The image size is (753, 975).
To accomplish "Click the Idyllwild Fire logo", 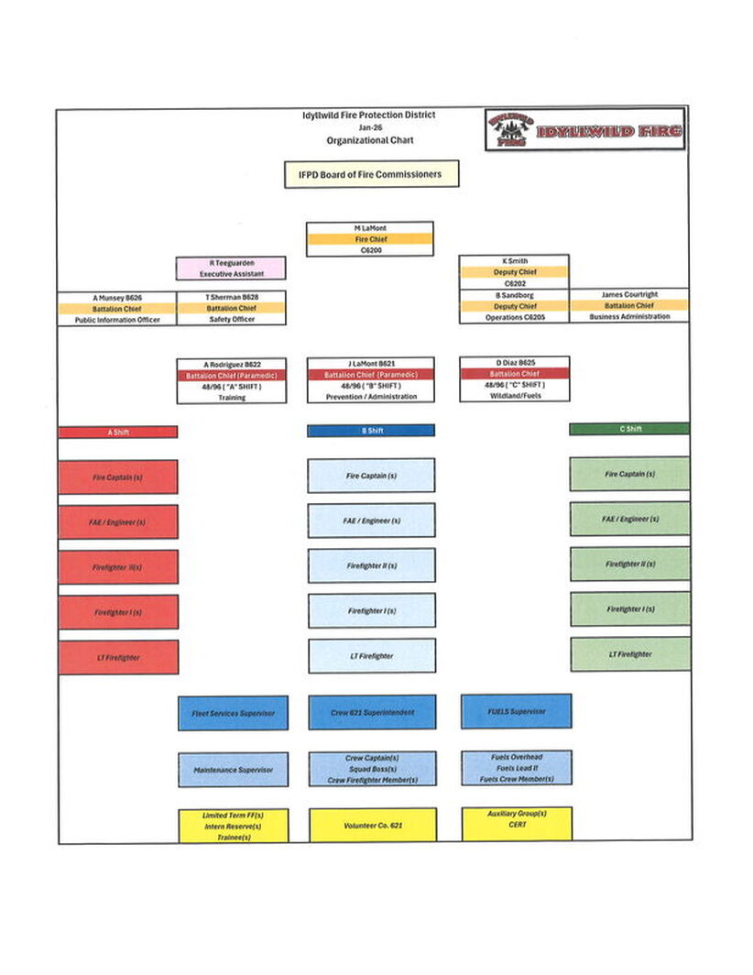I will [584, 130].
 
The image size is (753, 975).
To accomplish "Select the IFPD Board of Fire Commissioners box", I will [371, 174].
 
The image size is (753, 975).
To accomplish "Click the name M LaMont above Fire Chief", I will [370, 227].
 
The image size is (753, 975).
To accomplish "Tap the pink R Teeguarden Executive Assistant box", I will [231, 268].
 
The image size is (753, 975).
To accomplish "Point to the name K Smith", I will [514, 261].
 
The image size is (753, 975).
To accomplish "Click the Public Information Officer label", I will [117, 320].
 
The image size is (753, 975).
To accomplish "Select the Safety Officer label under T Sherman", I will [232, 320].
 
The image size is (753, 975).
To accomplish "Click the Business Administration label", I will [629, 317].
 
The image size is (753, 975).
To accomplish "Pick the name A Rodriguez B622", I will [232, 364].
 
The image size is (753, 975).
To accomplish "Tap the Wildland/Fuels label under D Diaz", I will [514, 396].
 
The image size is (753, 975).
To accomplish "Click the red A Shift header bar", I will [118, 432].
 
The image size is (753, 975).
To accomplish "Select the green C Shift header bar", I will [629, 429].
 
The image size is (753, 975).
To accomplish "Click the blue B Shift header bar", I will [371, 431].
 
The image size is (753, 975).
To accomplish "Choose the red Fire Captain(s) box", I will [118, 477].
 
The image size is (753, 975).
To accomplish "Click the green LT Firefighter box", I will [630, 654].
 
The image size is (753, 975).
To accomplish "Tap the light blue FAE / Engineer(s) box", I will [371, 520].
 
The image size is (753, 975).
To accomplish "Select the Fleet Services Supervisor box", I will [233, 713].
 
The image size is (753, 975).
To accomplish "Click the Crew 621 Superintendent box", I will [372, 712].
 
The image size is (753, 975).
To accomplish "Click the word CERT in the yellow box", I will [517, 825].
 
